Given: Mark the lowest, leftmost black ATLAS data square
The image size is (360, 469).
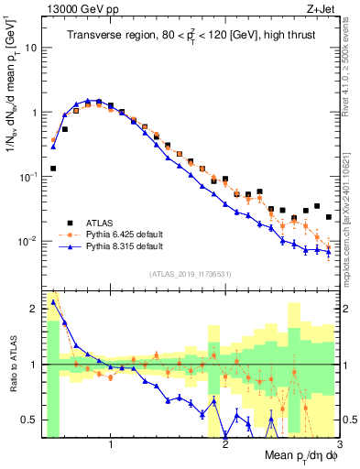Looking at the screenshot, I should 53,169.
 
